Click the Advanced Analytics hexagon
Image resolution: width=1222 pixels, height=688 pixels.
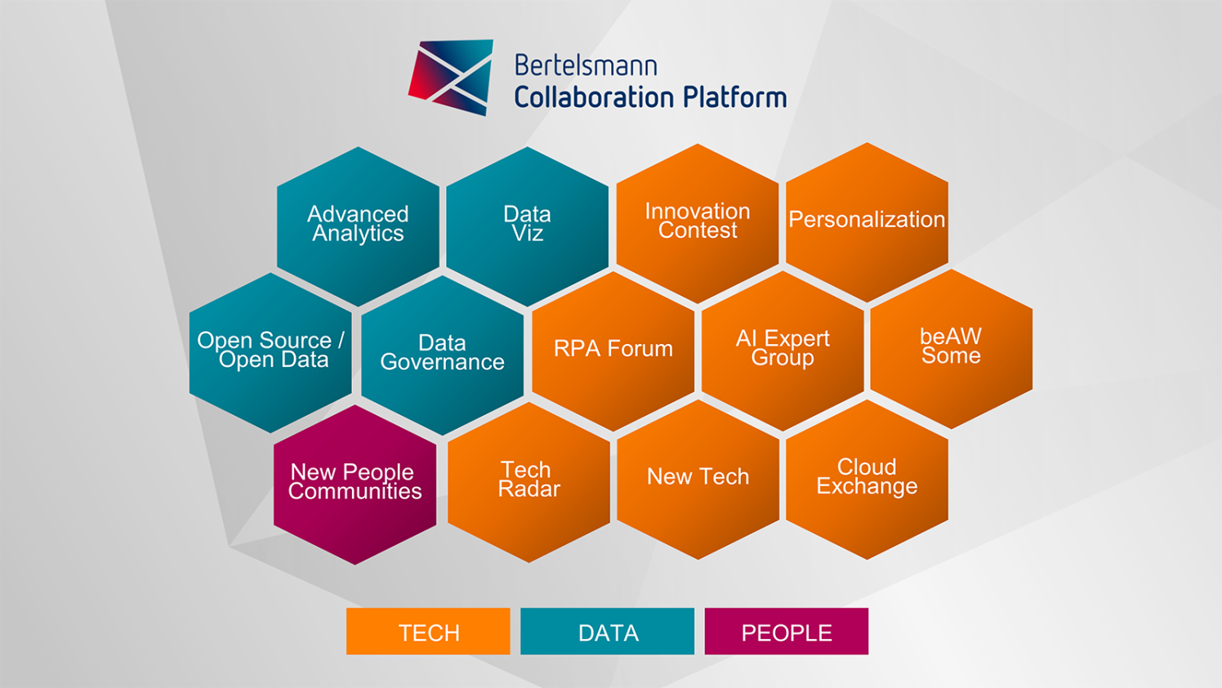[358, 226]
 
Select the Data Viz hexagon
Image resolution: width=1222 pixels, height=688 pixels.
[527, 226]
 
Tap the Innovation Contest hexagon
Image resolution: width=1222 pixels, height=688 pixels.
[698, 222]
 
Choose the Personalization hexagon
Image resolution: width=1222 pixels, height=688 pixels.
[867, 221]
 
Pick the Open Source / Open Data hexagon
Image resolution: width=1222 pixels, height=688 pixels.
[270, 351]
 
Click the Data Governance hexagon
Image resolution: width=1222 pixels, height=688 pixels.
[442, 354]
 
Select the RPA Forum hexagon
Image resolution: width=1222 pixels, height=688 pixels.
[613, 350]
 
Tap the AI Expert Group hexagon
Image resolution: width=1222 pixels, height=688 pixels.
[783, 349]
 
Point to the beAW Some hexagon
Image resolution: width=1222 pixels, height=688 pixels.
[951, 347]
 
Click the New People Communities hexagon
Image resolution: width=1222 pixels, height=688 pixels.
[355, 484]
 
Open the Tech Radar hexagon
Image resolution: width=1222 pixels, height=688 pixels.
[528, 480]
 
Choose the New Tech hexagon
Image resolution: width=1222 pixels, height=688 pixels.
[698, 478]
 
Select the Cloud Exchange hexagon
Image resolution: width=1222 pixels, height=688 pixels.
[867, 478]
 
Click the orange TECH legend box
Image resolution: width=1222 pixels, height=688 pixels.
[428, 632]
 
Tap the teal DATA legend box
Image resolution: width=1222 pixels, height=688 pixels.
[607, 632]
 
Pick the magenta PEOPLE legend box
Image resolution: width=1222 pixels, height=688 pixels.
[786, 632]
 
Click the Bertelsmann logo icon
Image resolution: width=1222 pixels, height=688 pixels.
[452, 78]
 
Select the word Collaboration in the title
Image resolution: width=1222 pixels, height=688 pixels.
[595, 97]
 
